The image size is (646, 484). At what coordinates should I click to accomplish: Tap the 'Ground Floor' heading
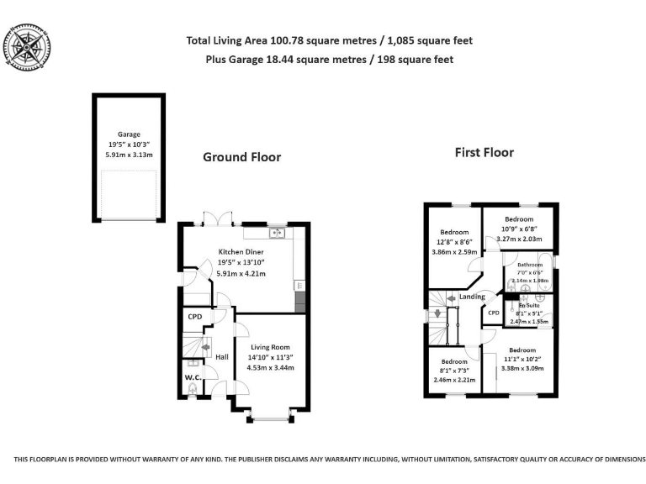point(241,157)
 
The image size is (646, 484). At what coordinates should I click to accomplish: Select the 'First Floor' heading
point(484,153)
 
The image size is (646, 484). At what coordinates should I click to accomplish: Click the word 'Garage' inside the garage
point(129,134)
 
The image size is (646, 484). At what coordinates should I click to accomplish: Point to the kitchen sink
point(276,232)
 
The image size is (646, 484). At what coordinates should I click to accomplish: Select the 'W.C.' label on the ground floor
point(193,377)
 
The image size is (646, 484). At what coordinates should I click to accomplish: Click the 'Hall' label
point(222,357)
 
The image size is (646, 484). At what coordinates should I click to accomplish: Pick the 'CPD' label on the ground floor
point(194,318)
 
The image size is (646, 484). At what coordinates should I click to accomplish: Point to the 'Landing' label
point(471,297)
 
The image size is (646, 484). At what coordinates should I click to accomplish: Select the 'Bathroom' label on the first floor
point(530,265)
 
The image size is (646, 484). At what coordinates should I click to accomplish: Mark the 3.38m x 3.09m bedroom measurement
point(522,367)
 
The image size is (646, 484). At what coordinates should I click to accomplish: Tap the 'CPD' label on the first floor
point(493,313)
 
